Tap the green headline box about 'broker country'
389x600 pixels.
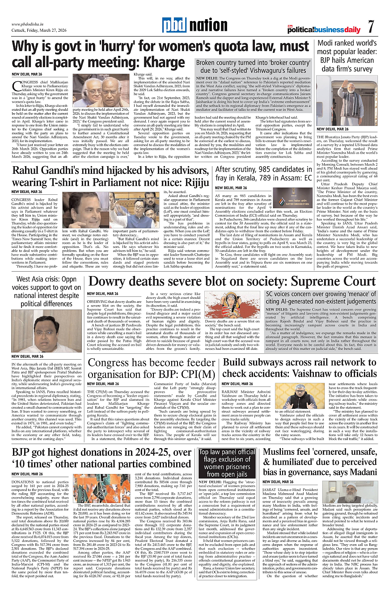pos(253,67)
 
